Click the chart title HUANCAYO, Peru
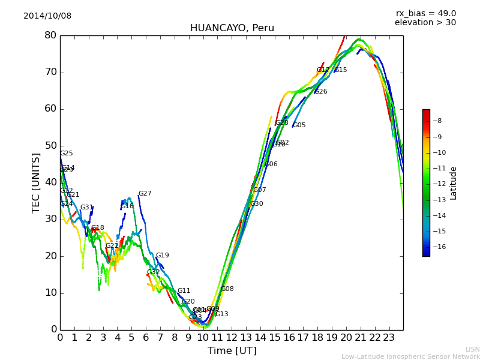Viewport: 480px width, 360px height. [x=232, y=28]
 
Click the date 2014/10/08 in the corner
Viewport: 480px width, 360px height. [x=47, y=16]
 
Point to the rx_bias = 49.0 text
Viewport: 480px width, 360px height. [x=425, y=13]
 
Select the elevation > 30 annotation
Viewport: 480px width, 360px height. [x=425, y=23]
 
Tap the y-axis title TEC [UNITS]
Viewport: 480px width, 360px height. [x=36, y=182]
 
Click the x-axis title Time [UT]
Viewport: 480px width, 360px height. [x=232, y=351]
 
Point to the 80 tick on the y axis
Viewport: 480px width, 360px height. [x=50, y=35]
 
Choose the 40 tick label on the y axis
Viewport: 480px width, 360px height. [x=50, y=182]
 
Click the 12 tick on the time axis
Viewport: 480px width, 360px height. [x=232, y=337]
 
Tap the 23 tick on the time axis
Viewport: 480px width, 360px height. [x=389, y=337]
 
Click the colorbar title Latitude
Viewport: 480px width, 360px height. [x=454, y=183]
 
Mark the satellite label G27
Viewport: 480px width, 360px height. [x=145, y=194]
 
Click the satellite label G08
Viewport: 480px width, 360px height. [x=227, y=289]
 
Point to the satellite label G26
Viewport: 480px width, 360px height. [x=321, y=92]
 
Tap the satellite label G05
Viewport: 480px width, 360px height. [x=299, y=125]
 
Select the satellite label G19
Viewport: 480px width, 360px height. [x=163, y=256]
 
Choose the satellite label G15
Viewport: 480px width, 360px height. [x=341, y=70]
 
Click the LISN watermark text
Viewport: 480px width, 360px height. [x=473, y=349]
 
